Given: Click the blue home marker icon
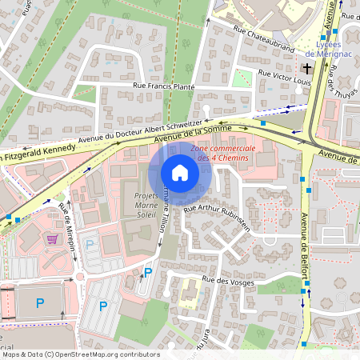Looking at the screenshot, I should coord(180,173).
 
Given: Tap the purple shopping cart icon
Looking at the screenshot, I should coord(53,238).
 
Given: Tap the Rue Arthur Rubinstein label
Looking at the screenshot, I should coord(217,218).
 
